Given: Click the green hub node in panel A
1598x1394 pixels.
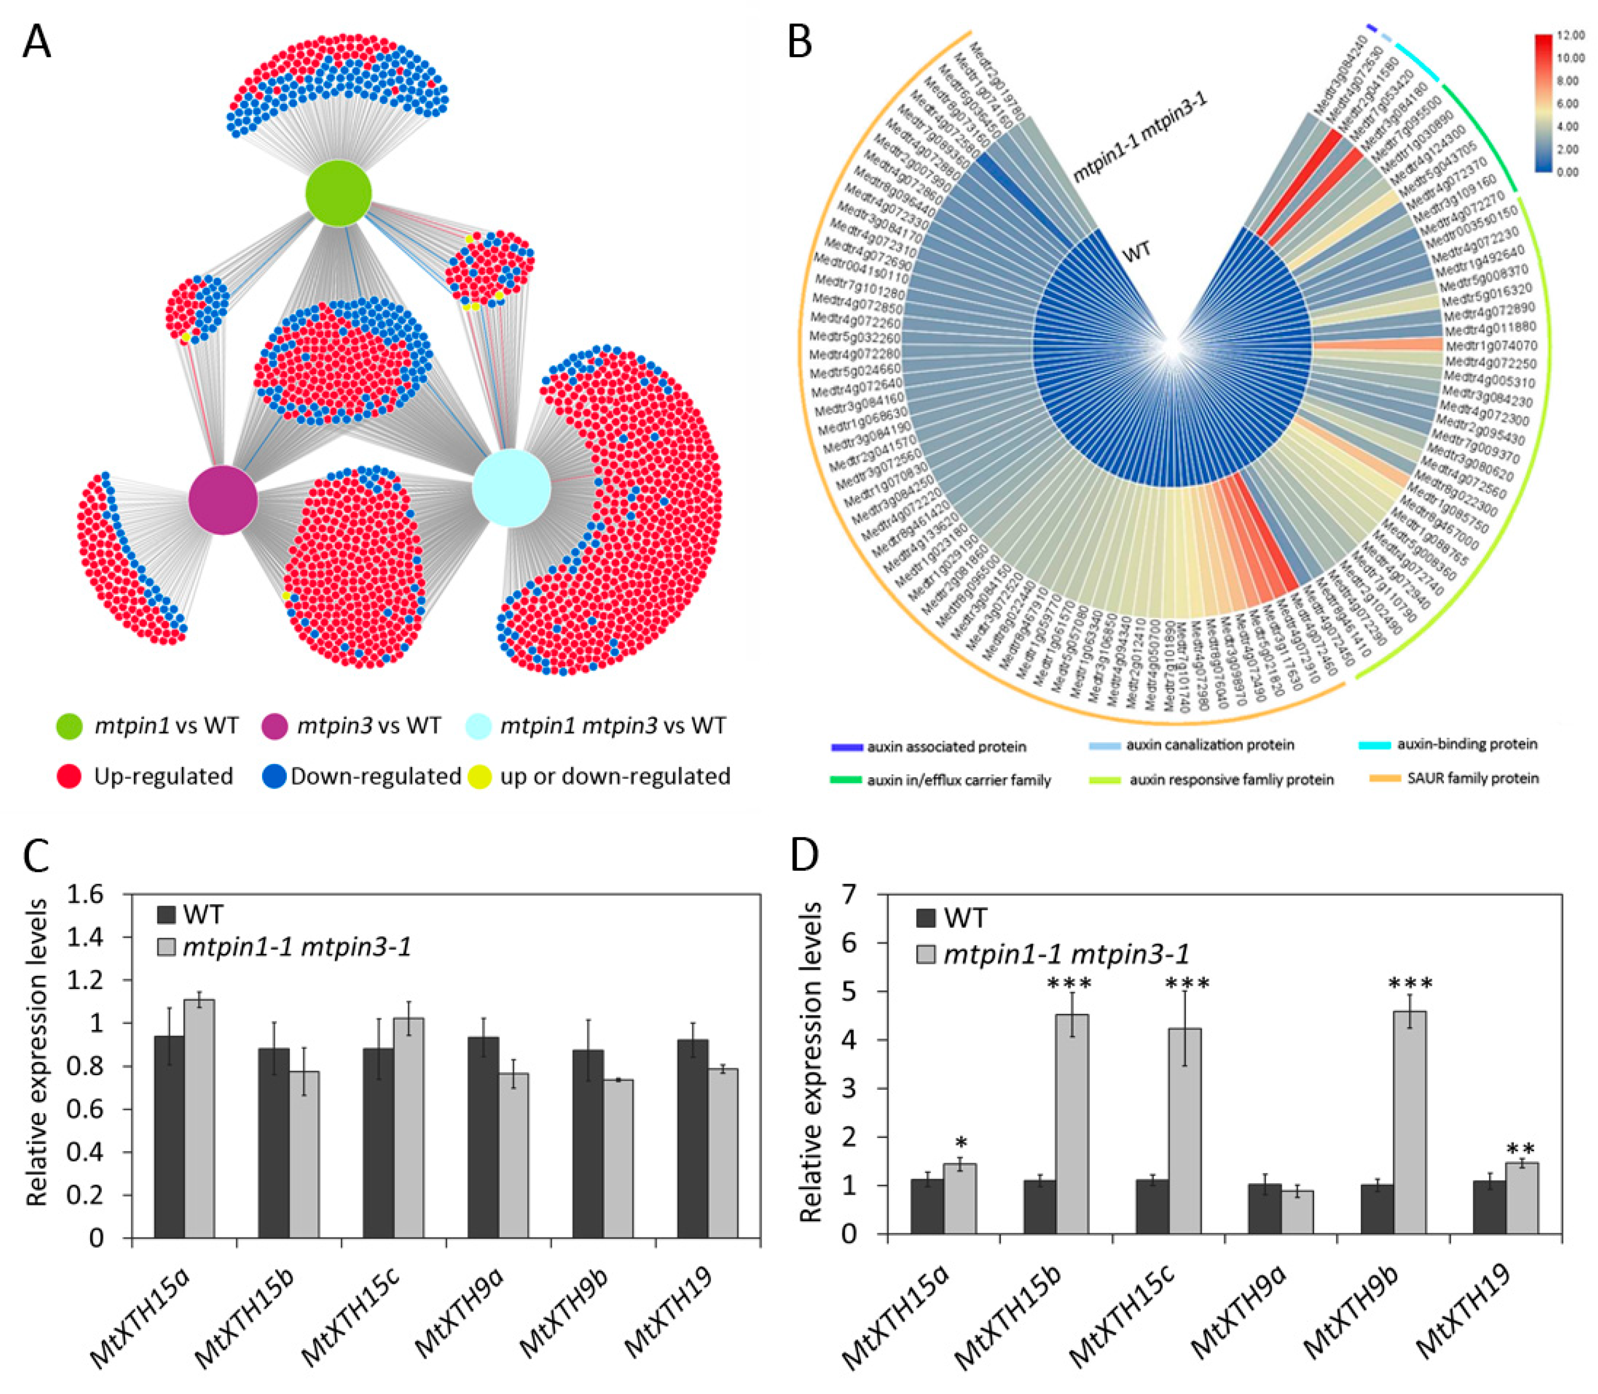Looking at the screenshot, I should pos(338,193).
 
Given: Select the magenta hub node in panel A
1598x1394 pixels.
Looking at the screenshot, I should pos(223,500).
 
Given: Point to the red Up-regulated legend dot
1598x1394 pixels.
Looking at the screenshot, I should pos(69,777).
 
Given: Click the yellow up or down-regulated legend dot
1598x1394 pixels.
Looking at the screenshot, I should pos(480,777).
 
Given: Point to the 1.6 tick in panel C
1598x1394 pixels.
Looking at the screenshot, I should pos(86,895).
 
